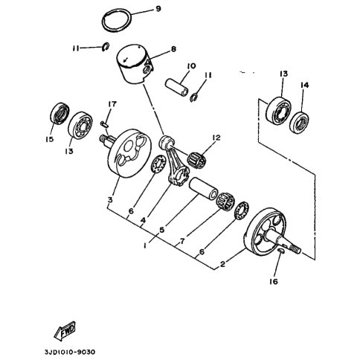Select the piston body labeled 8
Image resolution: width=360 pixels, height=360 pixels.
coord(135,65)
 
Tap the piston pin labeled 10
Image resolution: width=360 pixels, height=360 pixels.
coord(177,87)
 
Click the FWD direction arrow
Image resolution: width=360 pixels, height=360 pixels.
coord(65,330)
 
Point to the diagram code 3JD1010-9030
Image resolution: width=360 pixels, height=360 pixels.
coord(70,352)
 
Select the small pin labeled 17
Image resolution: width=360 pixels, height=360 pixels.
coord(104,124)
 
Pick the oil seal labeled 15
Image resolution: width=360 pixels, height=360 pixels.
coord(60,113)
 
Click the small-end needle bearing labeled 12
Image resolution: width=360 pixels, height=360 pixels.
coord(197,160)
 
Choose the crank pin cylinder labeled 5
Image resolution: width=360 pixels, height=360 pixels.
coord(204,188)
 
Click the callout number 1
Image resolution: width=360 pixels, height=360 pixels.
coord(145,245)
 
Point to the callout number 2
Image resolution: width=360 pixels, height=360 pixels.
coord(222,264)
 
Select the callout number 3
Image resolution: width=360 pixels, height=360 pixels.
coord(110,199)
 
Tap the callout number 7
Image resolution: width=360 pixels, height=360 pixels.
coord(182,241)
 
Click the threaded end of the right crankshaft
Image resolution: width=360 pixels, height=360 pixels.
coord(296,249)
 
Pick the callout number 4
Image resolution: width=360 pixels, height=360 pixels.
coord(143,220)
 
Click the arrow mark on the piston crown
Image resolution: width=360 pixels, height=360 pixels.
coord(126,60)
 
